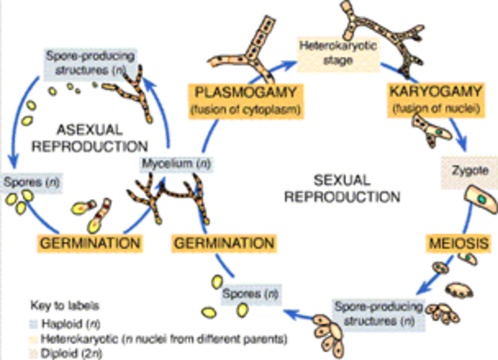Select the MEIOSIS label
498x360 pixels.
[461, 244]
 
